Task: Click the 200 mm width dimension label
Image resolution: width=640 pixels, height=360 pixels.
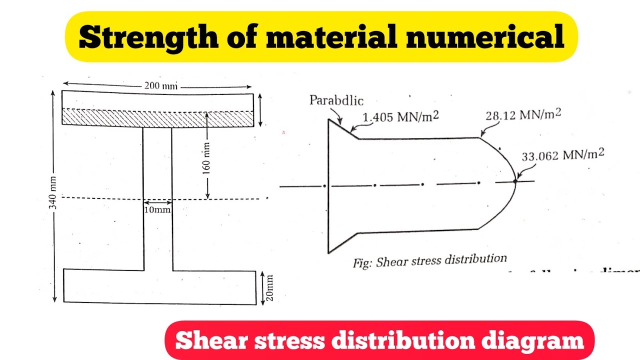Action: pos(161,85)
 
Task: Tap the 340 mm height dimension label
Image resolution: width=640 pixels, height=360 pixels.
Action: pos(54,194)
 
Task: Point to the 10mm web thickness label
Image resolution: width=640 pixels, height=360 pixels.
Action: pos(157,210)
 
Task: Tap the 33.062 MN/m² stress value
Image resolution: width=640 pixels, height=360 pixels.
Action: pos(562,155)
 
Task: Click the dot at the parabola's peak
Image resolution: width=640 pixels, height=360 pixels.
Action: pos(515,181)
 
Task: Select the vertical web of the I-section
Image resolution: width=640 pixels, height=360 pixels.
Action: pos(158,235)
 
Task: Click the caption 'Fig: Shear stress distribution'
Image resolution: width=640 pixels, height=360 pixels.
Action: pos(429,260)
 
